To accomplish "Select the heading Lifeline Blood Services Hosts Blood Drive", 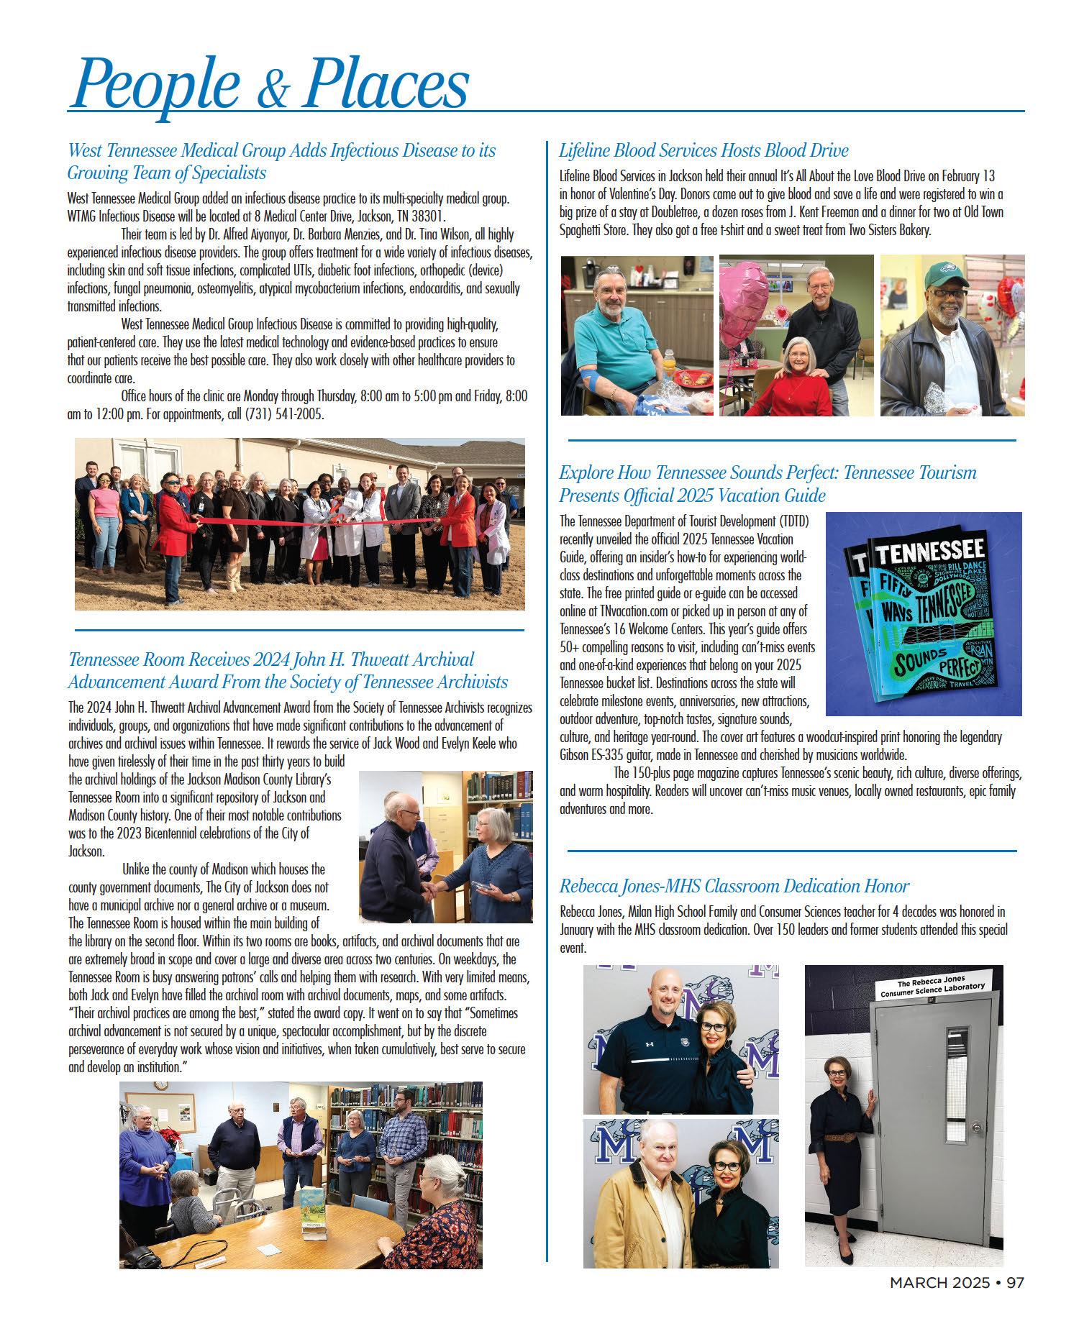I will click(704, 150).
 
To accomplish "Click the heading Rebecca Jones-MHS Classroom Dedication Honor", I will click(734, 886).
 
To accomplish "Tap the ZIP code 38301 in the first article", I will click(428, 216).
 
